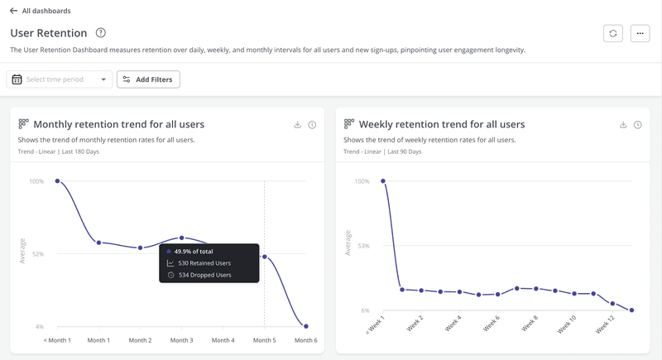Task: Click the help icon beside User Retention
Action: (x=101, y=33)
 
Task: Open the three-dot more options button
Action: (x=640, y=33)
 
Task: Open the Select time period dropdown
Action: (x=60, y=79)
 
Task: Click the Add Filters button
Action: (x=149, y=79)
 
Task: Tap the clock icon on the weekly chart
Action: (x=638, y=125)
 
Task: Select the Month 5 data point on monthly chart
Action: (x=265, y=257)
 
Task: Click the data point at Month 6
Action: (x=306, y=326)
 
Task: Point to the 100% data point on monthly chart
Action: (x=58, y=180)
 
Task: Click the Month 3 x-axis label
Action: (x=181, y=340)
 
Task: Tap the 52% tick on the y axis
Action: (x=38, y=254)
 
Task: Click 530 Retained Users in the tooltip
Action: (x=204, y=263)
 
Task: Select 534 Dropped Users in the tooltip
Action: (x=204, y=275)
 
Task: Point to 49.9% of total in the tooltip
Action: (x=194, y=251)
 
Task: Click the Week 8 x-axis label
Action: (x=530, y=324)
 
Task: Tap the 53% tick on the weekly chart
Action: (x=363, y=246)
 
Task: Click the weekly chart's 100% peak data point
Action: (x=383, y=180)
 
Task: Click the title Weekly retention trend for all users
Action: (x=442, y=124)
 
